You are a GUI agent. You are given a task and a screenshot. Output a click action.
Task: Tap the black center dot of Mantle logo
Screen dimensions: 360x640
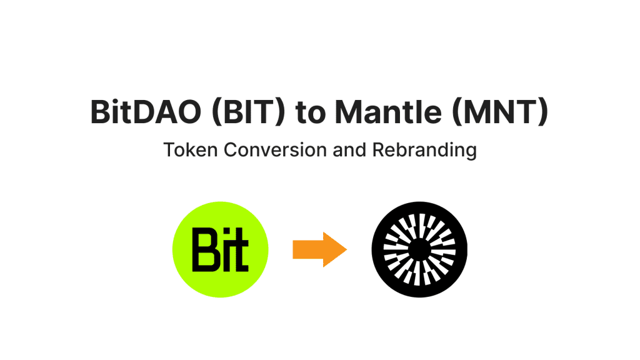(419, 249)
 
